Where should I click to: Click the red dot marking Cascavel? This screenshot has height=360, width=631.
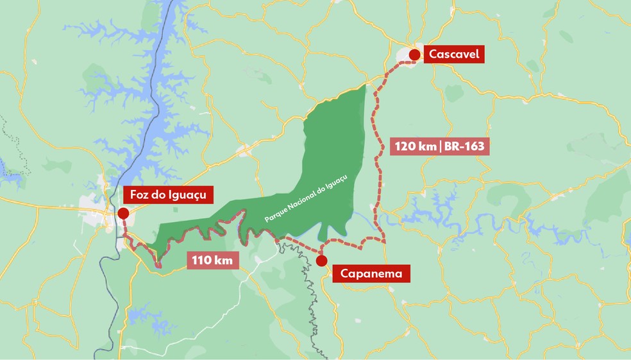point(414,55)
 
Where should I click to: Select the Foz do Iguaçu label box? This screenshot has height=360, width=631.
point(169,194)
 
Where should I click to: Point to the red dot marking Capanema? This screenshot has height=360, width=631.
point(322,260)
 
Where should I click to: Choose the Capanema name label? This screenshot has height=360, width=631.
point(371,274)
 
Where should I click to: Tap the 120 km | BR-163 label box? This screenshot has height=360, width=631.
point(440,146)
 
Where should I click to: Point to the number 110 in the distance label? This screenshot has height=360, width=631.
point(201,260)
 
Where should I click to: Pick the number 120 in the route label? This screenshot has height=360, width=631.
point(405,146)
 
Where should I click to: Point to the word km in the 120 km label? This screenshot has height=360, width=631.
point(428,146)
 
